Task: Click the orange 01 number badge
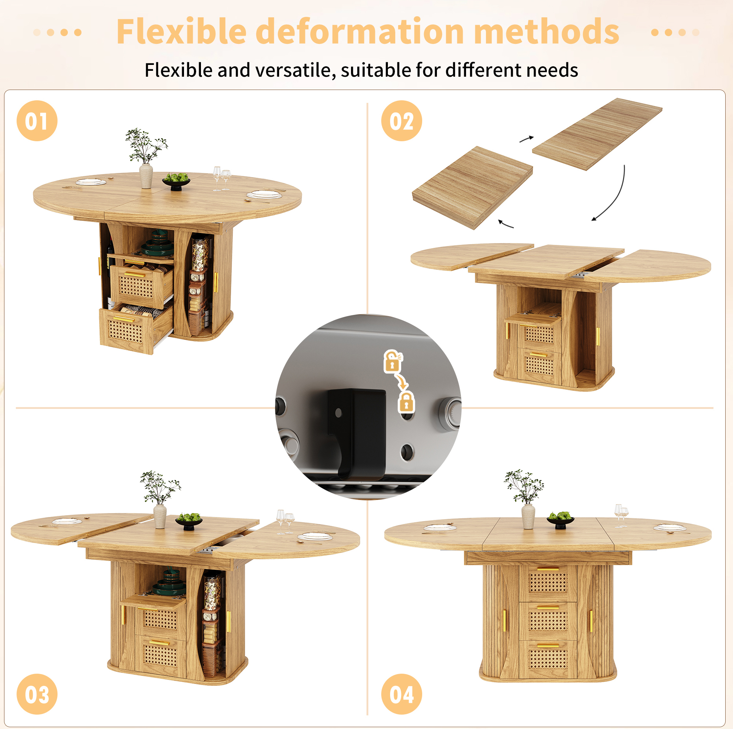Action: [37, 121]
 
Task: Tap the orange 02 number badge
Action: [402, 121]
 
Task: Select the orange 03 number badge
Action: [37, 694]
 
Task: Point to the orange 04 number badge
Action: [402, 694]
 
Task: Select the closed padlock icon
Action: [406, 402]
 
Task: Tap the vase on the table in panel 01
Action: [146, 176]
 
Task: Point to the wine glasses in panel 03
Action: [285, 522]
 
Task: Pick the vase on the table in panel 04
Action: [528, 517]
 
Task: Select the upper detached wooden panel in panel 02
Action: [597, 134]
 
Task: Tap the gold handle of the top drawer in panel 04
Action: [548, 569]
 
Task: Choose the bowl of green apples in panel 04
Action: [560, 520]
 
